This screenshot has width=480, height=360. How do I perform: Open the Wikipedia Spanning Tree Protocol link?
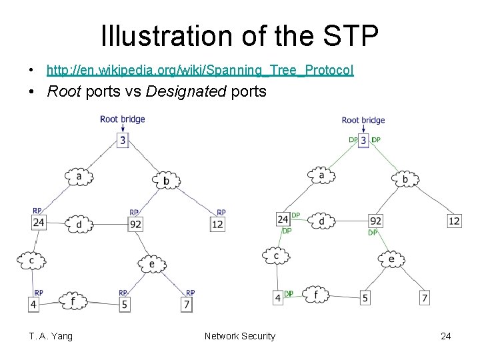coord(200,70)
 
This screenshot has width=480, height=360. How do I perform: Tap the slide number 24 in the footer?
coord(445,336)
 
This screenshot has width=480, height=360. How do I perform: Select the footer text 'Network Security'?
coord(239,336)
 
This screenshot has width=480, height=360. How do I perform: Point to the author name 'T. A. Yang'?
coord(51,336)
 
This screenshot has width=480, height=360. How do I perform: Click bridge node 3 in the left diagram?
coord(122,140)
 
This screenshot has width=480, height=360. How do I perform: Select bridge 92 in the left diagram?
coord(135,224)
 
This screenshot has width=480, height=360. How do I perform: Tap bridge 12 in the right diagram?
coord(454,221)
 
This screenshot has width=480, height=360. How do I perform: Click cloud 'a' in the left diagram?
coord(79,177)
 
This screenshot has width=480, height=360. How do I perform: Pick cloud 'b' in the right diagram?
coord(405,179)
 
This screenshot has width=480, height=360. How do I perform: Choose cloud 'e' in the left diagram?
coord(152,264)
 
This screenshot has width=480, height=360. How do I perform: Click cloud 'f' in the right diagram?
coord(315,293)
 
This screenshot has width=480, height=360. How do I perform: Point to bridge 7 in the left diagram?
coord(187,305)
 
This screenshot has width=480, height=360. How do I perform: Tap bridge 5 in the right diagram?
coord(365,298)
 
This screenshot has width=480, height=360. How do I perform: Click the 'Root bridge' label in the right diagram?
coord(363,120)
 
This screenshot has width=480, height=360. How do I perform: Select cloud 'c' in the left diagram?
coord(31,259)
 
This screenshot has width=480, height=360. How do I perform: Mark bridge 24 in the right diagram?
coord(283,219)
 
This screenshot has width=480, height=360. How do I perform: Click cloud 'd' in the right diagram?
coord(322,221)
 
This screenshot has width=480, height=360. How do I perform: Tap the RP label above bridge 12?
coord(221,212)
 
